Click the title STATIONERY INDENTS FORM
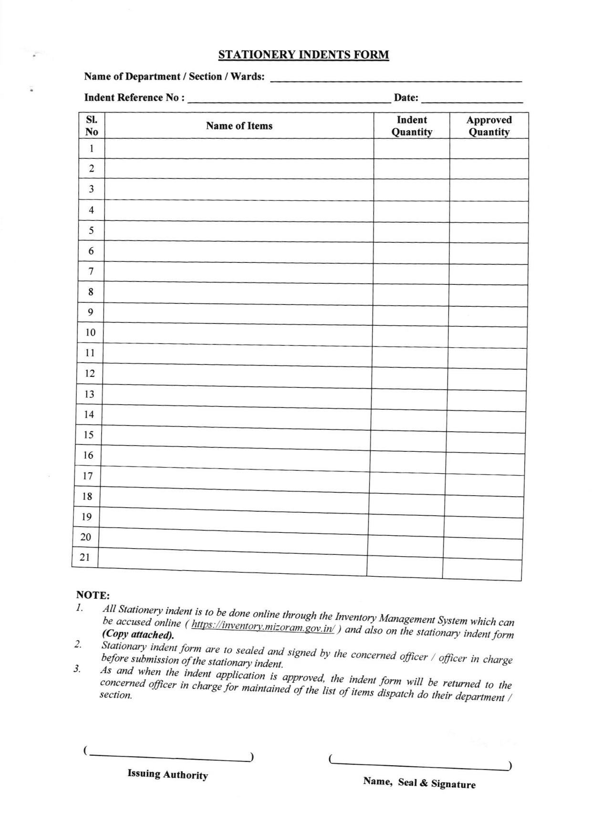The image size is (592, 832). [303, 55]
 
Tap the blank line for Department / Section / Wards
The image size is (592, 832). [396, 79]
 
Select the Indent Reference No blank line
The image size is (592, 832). [289, 99]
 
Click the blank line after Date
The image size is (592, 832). [472, 99]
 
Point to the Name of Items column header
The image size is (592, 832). [239, 126]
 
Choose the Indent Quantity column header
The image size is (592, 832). [412, 126]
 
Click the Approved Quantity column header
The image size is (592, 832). [489, 126]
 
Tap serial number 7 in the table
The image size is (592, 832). [91, 271]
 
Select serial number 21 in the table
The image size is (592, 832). [85, 557]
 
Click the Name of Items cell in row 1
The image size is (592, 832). [239, 149]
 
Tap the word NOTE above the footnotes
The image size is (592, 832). [93, 595]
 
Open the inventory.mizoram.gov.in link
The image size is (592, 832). [263, 626]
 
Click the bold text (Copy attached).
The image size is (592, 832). [138, 635]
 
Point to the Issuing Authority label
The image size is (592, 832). [167, 774]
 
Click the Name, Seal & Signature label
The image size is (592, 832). [419, 783]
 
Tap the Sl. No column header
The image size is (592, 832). [92, 126]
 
